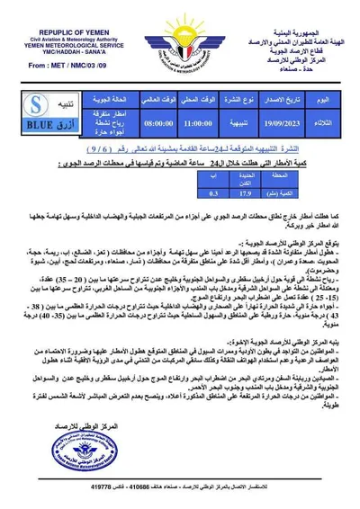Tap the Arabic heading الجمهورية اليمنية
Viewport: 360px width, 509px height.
(295, 31)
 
